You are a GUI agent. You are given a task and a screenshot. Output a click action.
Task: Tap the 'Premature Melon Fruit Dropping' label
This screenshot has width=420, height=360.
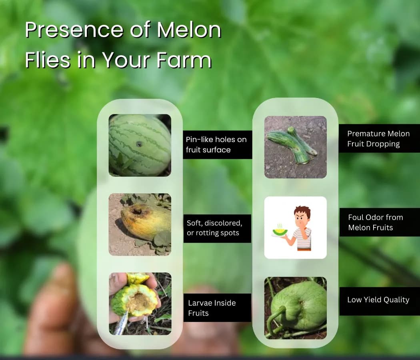378,138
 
